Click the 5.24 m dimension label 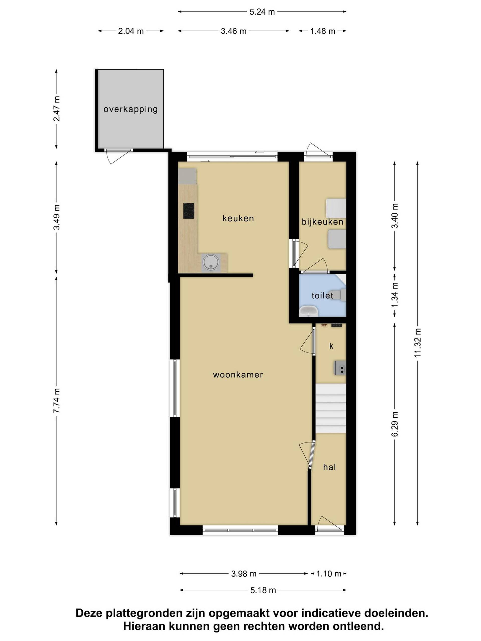pos(262,12)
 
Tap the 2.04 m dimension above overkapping pos(131,31)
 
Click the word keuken pos(238,218)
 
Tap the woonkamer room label pos(238,375)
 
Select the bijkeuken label pos(322,222)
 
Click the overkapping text pos(131,109)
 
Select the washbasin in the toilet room pos(309,311)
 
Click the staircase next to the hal pos(331,408)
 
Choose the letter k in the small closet pos(331,346)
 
